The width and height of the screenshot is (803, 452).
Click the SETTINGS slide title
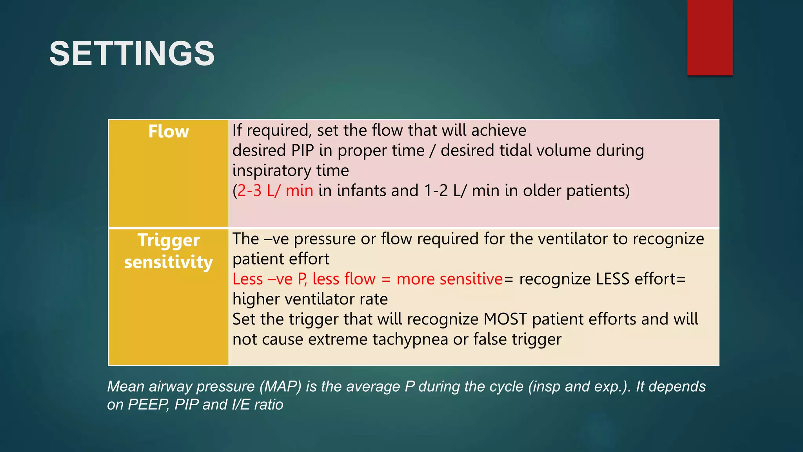click(x=132, y=54)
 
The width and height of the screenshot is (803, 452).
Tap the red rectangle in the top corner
click(x=710, y=38)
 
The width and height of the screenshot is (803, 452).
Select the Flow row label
click(x=169, y=131)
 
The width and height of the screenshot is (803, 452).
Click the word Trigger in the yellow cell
click(x=169, y=240)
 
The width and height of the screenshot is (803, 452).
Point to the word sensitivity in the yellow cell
click(x=169, y=262)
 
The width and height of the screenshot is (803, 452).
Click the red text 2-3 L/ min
click(x=275, y=191)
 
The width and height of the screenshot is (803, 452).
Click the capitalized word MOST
click(x=505, y=319)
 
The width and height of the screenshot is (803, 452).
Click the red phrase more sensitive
click(x=449, y=279)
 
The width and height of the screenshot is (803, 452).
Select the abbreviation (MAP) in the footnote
click(x=280, y=386)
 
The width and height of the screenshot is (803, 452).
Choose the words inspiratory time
click(x=291, y=171)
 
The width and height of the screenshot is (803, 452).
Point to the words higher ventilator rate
click(x=310, y=299)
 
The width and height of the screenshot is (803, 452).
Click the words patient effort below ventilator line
click(x=281, y=259)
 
